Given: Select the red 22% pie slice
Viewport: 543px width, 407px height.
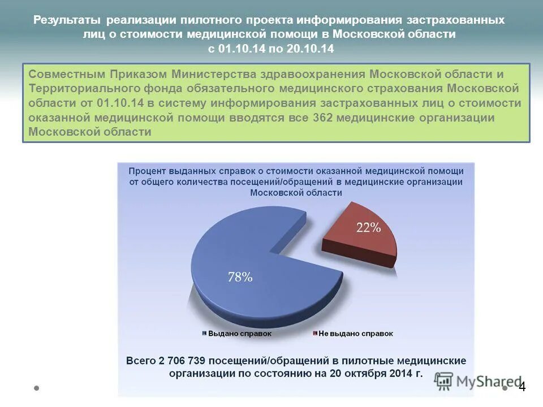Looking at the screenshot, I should [362, 237].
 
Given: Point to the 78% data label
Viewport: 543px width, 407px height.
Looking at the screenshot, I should [240, 277].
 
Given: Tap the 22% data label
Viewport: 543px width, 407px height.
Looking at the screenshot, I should [368, 228].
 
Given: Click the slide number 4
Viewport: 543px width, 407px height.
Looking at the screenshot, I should [522, 387].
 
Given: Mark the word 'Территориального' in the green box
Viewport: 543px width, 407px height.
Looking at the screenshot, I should [81, 89].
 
